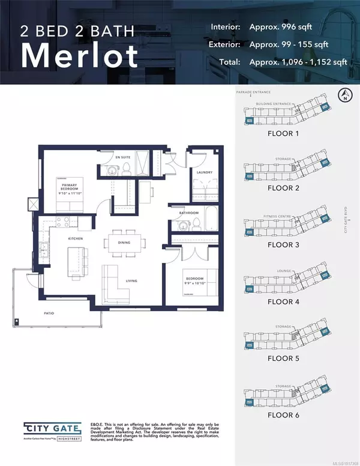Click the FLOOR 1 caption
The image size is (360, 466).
284,134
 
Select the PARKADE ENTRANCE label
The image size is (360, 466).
255,92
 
